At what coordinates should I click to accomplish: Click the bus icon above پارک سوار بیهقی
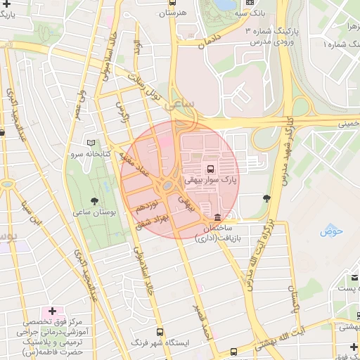point(210,169)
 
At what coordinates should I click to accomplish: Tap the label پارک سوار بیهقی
point(211,181)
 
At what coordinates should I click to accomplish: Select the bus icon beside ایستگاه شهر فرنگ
point(160,331)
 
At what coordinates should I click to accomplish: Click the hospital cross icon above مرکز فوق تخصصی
point(52,310)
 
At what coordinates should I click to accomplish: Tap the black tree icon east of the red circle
point(266,199)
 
